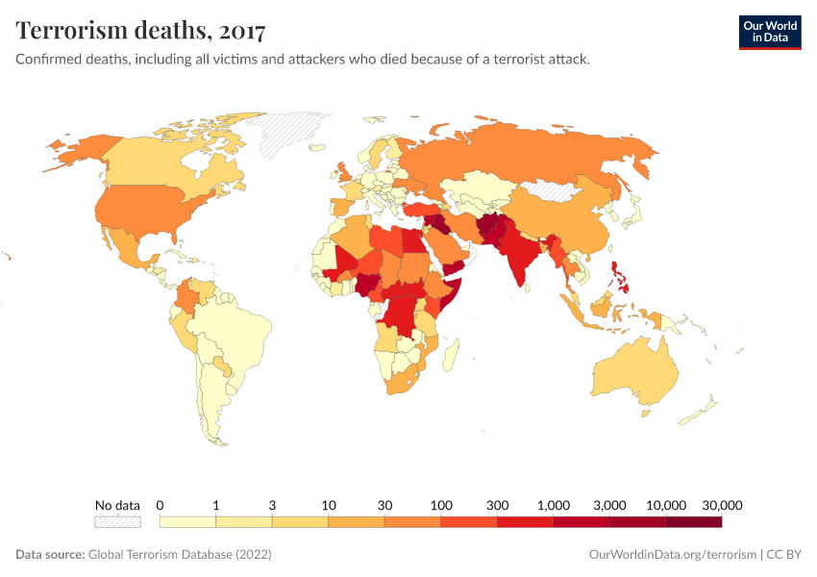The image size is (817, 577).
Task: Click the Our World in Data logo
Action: (x=769, y=31)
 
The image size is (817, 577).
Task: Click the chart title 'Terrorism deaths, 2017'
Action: (x=142, y=31)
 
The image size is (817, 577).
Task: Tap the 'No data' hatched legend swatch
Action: (x=117, y=522)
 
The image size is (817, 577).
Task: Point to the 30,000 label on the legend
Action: (x=722, y=505)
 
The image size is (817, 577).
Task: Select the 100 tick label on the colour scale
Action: (x=441, y=505)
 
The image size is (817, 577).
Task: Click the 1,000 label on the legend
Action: (x=554, y=505)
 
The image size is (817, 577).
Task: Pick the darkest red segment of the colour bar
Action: (x=693, y=522)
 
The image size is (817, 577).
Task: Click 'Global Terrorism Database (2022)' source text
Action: (x=180, y=555)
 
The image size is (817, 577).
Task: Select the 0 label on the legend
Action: (x=160, y=505)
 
